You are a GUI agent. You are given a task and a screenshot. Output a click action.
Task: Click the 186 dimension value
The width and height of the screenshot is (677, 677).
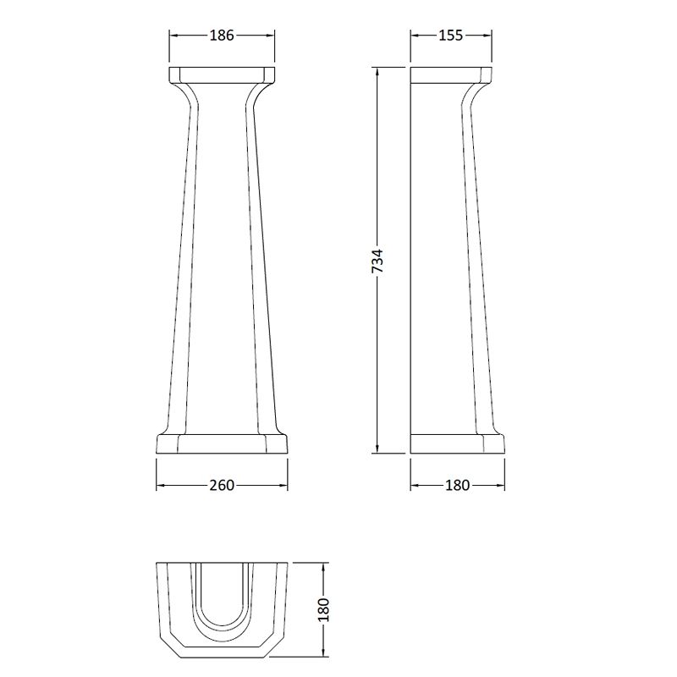[x=222, y=35]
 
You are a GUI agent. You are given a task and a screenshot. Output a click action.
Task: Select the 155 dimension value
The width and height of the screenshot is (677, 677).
[x=450, y=35]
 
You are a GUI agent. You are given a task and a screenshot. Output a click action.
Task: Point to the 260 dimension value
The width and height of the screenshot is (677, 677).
[x=222, y=485]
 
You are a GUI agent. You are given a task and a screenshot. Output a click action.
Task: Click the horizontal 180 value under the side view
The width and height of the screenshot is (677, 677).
[x=457, y=485]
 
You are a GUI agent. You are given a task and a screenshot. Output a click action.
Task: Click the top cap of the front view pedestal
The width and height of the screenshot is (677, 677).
[x=223, y=74]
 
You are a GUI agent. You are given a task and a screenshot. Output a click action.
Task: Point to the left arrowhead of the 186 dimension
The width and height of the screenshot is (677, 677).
[x=173, y=35]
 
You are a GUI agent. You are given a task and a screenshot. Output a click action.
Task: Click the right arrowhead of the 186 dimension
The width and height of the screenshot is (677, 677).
[x=272, y=35]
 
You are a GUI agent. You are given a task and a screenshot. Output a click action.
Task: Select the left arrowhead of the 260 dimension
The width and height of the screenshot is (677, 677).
[x=160, y=485]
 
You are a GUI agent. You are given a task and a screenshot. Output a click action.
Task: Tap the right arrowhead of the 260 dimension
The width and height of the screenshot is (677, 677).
[x=284, y=485]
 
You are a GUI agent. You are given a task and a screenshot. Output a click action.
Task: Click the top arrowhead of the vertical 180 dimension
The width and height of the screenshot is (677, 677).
[x=323, y=565]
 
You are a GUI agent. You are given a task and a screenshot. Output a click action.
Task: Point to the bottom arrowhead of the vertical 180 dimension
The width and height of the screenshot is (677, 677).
[x=323, y=654]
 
